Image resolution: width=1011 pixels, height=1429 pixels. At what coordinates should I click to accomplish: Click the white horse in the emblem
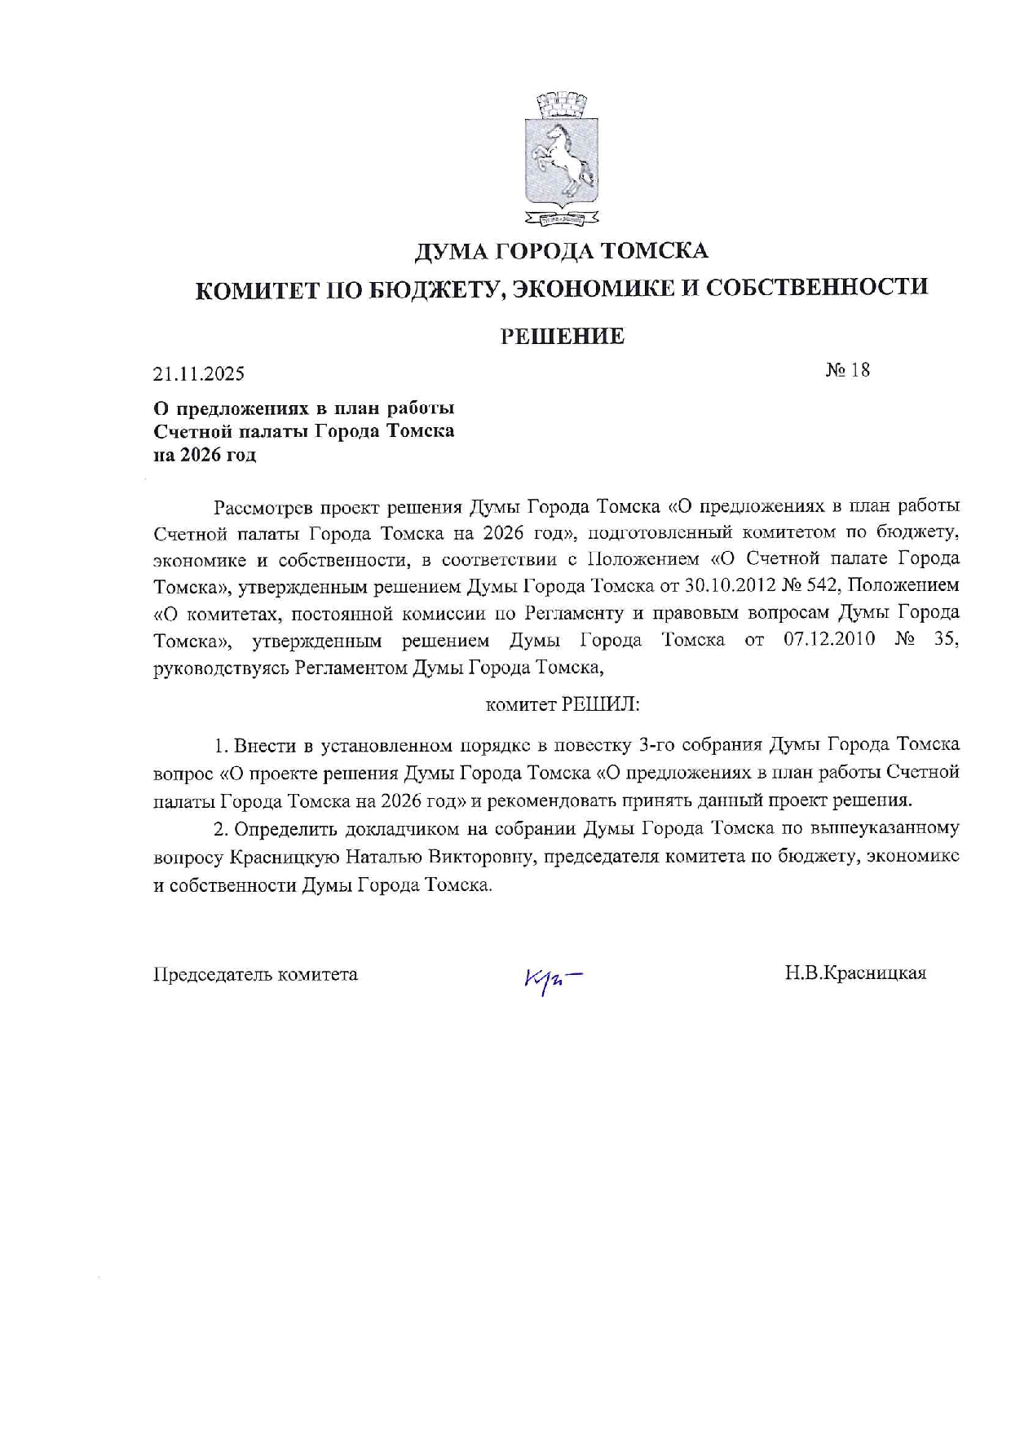563,155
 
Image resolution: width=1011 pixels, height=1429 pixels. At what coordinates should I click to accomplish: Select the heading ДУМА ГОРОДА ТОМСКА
561,250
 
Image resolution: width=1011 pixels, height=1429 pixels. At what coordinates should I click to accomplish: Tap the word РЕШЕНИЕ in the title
562,336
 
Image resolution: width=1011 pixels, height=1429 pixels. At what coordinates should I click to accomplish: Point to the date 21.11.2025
199,374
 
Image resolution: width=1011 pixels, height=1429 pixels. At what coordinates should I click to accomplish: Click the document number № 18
848,370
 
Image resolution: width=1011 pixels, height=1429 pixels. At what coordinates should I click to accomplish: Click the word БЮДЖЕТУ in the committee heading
434,289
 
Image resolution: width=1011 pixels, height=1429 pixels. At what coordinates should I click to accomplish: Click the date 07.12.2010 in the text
829,640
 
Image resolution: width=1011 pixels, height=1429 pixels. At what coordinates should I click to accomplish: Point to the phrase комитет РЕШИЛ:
563,704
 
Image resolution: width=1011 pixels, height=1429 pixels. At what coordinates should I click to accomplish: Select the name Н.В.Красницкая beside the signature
855,973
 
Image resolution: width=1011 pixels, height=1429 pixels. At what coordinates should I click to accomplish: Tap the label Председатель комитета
255,974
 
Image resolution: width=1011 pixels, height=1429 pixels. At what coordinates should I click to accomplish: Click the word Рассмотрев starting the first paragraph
262,507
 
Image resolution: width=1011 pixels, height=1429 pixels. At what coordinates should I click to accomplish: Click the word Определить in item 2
285,830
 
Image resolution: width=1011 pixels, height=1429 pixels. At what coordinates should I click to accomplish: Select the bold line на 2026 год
205,456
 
